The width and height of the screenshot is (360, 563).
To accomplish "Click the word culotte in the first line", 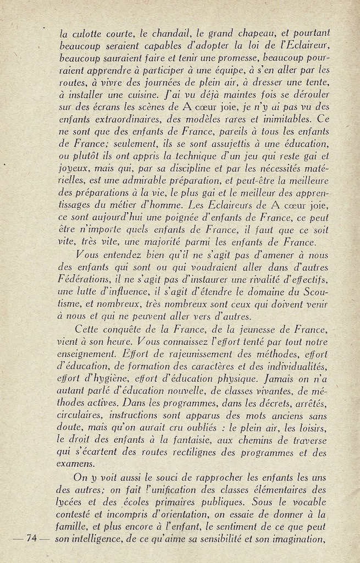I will [x=86, y=32].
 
